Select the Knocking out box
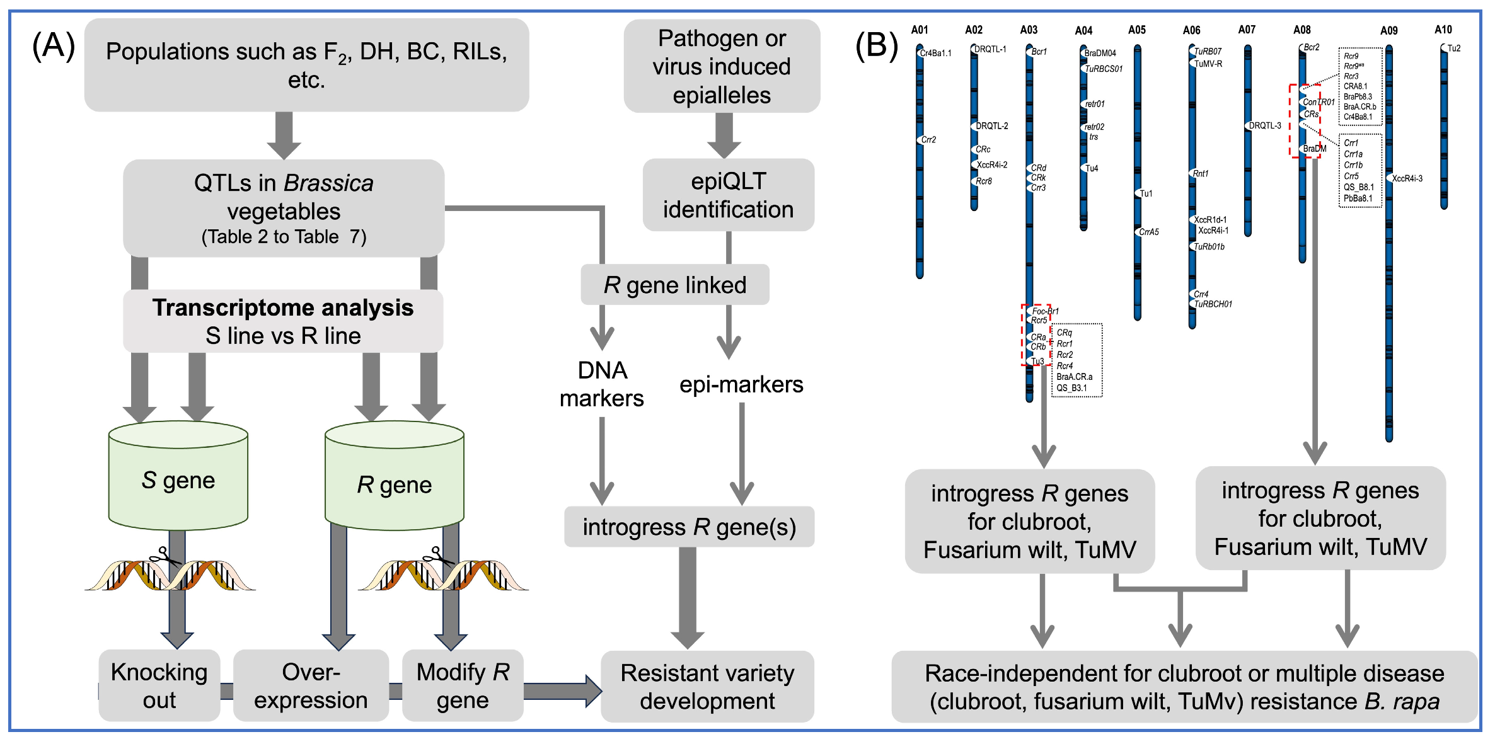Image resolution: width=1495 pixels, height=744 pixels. tap(159, 686)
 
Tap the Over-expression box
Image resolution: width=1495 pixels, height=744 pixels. tap(311, 686)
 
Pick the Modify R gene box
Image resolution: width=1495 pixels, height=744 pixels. tap(463, 686)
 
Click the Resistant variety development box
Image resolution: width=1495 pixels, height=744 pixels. tap(707, 687)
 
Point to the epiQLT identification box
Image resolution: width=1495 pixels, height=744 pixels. tap(728, 195)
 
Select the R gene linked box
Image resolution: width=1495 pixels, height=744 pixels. tap(674, 285)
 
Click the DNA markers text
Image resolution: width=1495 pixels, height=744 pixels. tap(602, 384)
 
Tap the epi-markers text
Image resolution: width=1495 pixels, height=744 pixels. tap(741, 384)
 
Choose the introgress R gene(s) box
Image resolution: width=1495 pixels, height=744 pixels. tap(689, 527)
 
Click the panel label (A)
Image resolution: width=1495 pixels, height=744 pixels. tap(54, 45)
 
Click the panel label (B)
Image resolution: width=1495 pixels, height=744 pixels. tap(876, 45)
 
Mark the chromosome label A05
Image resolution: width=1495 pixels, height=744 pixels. tap(1137, 30)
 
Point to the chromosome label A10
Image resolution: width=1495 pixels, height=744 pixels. tap(1443, 30)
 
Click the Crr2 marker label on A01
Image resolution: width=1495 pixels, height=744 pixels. tap(928, 140)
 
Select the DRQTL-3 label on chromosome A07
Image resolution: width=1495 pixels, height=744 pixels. tap(1265, 126)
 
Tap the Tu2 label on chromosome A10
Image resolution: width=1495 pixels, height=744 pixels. tap(1453, 49)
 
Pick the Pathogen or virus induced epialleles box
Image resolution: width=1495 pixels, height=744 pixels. tap(722, 66)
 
